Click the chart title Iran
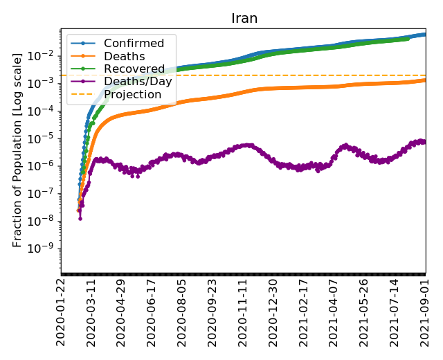click(244, 18)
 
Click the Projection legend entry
click(132, 94)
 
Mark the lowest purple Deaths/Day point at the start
click(80, 218)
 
